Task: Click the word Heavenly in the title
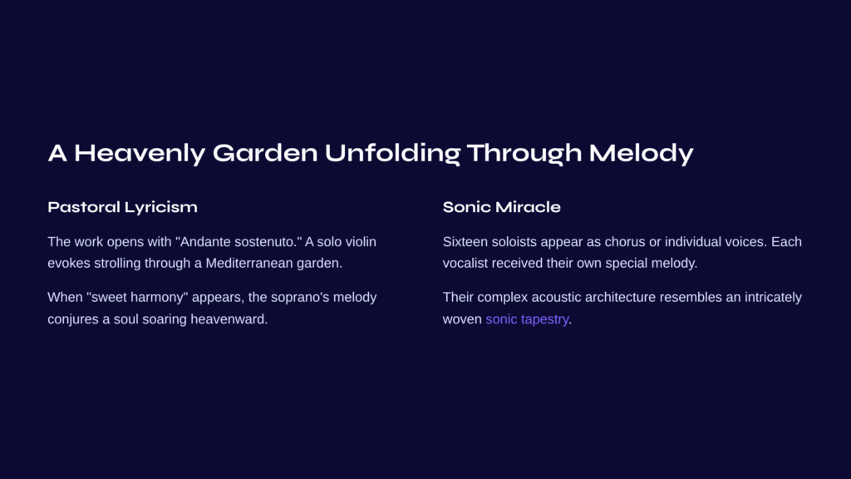(140, 154)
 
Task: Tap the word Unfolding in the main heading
(392, 154)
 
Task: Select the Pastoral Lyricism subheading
(123, 207)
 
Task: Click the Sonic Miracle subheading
(501, 207)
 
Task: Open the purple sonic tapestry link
(527, 319)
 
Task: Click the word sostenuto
(266, 242)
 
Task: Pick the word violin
(361, 242)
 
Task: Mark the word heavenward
(229, 319)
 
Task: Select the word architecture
(620, 298)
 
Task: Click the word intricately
(773, 298)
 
